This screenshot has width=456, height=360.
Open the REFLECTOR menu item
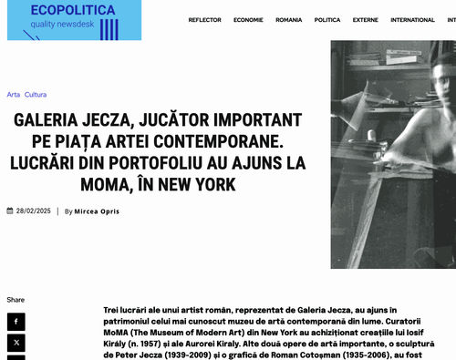pyautogui.click(x=204, y=19)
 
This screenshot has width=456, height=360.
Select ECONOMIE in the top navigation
pyautogui.click(x=248, y=19)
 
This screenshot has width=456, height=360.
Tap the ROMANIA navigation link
pyautogui.click(x=289, y=19)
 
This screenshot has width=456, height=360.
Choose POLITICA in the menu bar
pyautogui.click(x=327, y=19)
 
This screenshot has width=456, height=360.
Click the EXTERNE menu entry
pyautogui.click(x=366, y=19)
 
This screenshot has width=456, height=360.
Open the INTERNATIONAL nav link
pyautogui.click(x=412, y=19)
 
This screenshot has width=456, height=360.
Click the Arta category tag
pyautogui.click(x=13, y=95)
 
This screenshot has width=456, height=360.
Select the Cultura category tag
pyautogui.click(x=36, y=95)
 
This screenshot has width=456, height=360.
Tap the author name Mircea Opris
pyautogui.click(x=97, y=211)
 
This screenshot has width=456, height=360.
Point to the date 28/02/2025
pyautogui.click(x=33, y=211)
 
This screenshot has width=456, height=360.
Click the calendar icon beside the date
pyautogui.click(x=10, y=211)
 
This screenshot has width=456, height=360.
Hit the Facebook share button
pyautogui.click(x=16, y=322)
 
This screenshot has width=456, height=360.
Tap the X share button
pyautogui.click(x=16, y=344)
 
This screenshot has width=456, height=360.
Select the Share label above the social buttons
pyautogui.click(x=16, y=300)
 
